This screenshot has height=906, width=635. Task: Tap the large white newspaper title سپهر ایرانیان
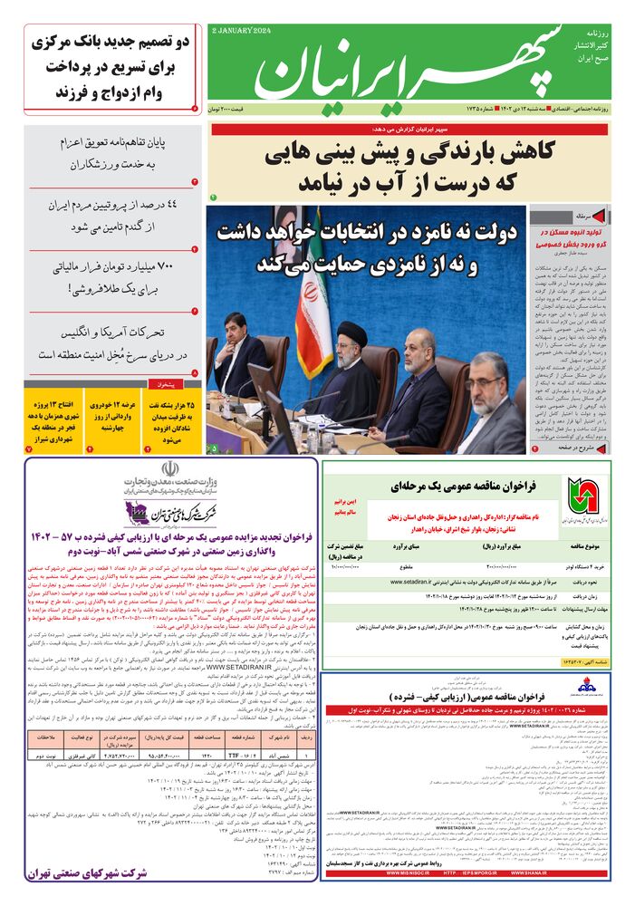pyautogui.click(x=408, y=68)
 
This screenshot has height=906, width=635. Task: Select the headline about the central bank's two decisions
pyautogui.click(x=108, y=68)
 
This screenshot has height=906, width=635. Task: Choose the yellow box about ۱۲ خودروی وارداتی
pyautogui.click(x=111, y=420)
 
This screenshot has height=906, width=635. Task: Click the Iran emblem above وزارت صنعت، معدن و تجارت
pyautogui.click(x=168, y=472)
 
